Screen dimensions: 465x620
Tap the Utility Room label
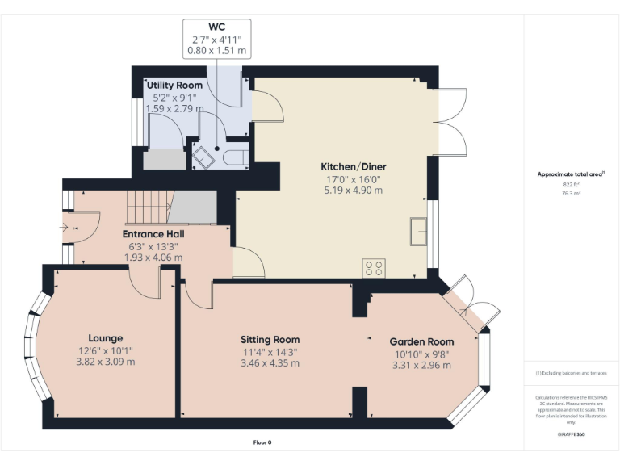[174, 85]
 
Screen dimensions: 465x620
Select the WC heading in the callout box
[216, 26]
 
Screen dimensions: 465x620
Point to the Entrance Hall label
[153, 233]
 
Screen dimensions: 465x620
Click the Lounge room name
[106, 337]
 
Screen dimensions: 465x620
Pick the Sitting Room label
[270, 339]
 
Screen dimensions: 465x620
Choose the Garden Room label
[421, 341]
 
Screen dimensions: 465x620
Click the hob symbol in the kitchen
[374, 268]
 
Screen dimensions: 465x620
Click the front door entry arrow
[65, 227]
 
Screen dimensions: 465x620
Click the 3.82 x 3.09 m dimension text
[106, 362]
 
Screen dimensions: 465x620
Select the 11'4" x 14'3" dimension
[270, 351]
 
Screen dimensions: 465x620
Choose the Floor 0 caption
[262, 442]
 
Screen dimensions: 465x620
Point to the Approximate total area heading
[570, 174]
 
